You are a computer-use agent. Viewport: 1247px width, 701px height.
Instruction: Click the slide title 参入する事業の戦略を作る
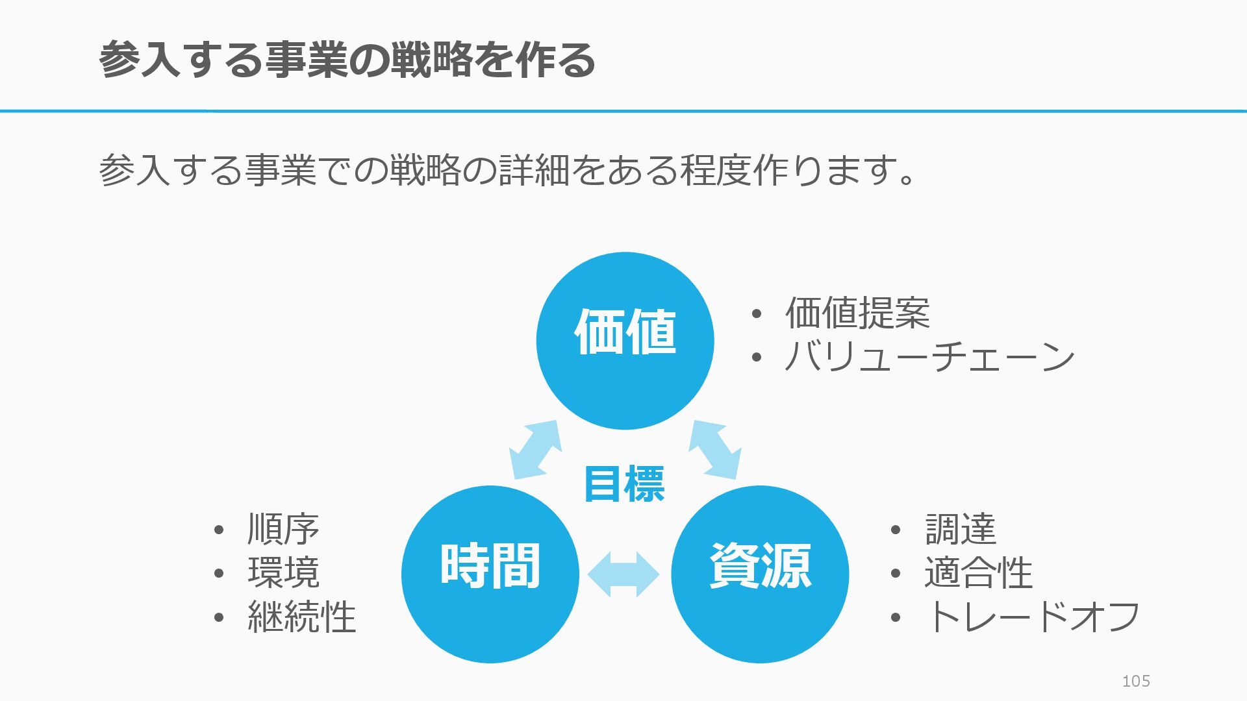[x=347, y=60]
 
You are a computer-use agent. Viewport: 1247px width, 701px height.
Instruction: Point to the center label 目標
[x=624, y=484]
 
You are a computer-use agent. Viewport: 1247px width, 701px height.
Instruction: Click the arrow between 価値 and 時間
[x=535, y=449]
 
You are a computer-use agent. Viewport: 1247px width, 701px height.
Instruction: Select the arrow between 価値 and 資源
[x=714, y=449]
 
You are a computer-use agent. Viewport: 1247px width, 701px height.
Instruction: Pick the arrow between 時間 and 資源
[x=623, y=574]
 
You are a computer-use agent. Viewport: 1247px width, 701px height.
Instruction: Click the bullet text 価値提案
[x=857, y=313]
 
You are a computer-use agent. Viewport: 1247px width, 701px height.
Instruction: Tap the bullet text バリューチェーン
[x=929, y=357]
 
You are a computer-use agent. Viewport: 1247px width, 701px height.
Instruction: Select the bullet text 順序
[x=283, y=529]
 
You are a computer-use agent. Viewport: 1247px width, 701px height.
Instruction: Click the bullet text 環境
[x=283, y=572]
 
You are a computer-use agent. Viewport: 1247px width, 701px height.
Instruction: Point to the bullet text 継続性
[x=301, y=616]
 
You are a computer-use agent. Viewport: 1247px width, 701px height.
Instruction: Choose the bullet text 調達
[x=960, y=529]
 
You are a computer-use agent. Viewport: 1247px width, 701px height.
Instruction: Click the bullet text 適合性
[x=978, y=572]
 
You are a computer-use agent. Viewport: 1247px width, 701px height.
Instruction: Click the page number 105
[x=1136, y=681]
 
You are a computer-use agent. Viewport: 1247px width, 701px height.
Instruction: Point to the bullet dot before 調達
[x=896, y=530]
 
